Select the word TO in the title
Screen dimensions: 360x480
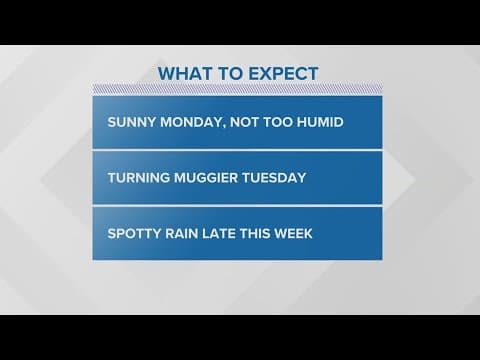(x=231, y=73)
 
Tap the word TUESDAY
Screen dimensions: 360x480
(x=273, y=178)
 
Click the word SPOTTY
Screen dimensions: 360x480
(x=130, y=233)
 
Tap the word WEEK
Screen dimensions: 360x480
(x=297, y=233)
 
